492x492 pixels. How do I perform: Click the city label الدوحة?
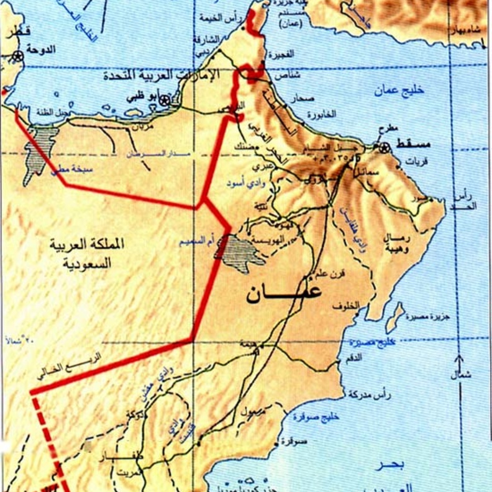(42, 48)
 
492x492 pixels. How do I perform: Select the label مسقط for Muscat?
(413, 144)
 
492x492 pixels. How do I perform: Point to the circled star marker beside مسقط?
(386, 147)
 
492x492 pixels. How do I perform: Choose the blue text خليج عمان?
(398, 91)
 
